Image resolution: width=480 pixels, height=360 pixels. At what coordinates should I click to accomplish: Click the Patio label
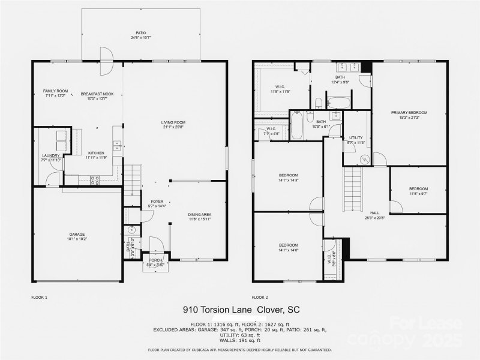(x=140, y=34)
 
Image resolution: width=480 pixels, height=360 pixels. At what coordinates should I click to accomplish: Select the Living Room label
(x=175, y=124)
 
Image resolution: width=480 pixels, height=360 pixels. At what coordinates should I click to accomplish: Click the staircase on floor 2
(x=353, y=190)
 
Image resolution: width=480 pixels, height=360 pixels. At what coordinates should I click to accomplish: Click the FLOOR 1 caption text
(x=39, y=297)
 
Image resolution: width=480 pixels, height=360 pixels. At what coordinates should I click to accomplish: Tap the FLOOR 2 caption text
(x=260, y=297)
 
